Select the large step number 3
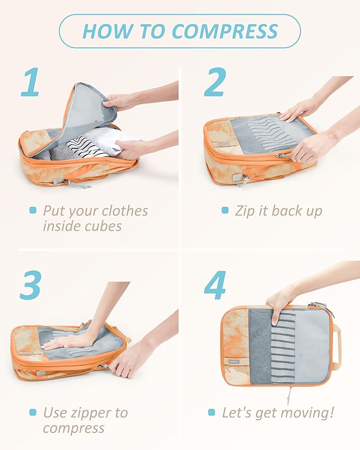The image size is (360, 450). click(30, 286)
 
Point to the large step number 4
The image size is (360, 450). click(215, 286)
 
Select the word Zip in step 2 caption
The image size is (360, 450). click(245, 210)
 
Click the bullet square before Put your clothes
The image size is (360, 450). click(33, 210)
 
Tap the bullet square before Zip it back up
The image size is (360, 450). click(225, 210)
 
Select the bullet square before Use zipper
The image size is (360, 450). click(33, 412)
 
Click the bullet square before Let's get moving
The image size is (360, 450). click(212, 412)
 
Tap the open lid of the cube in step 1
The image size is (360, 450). click(90, 109)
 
